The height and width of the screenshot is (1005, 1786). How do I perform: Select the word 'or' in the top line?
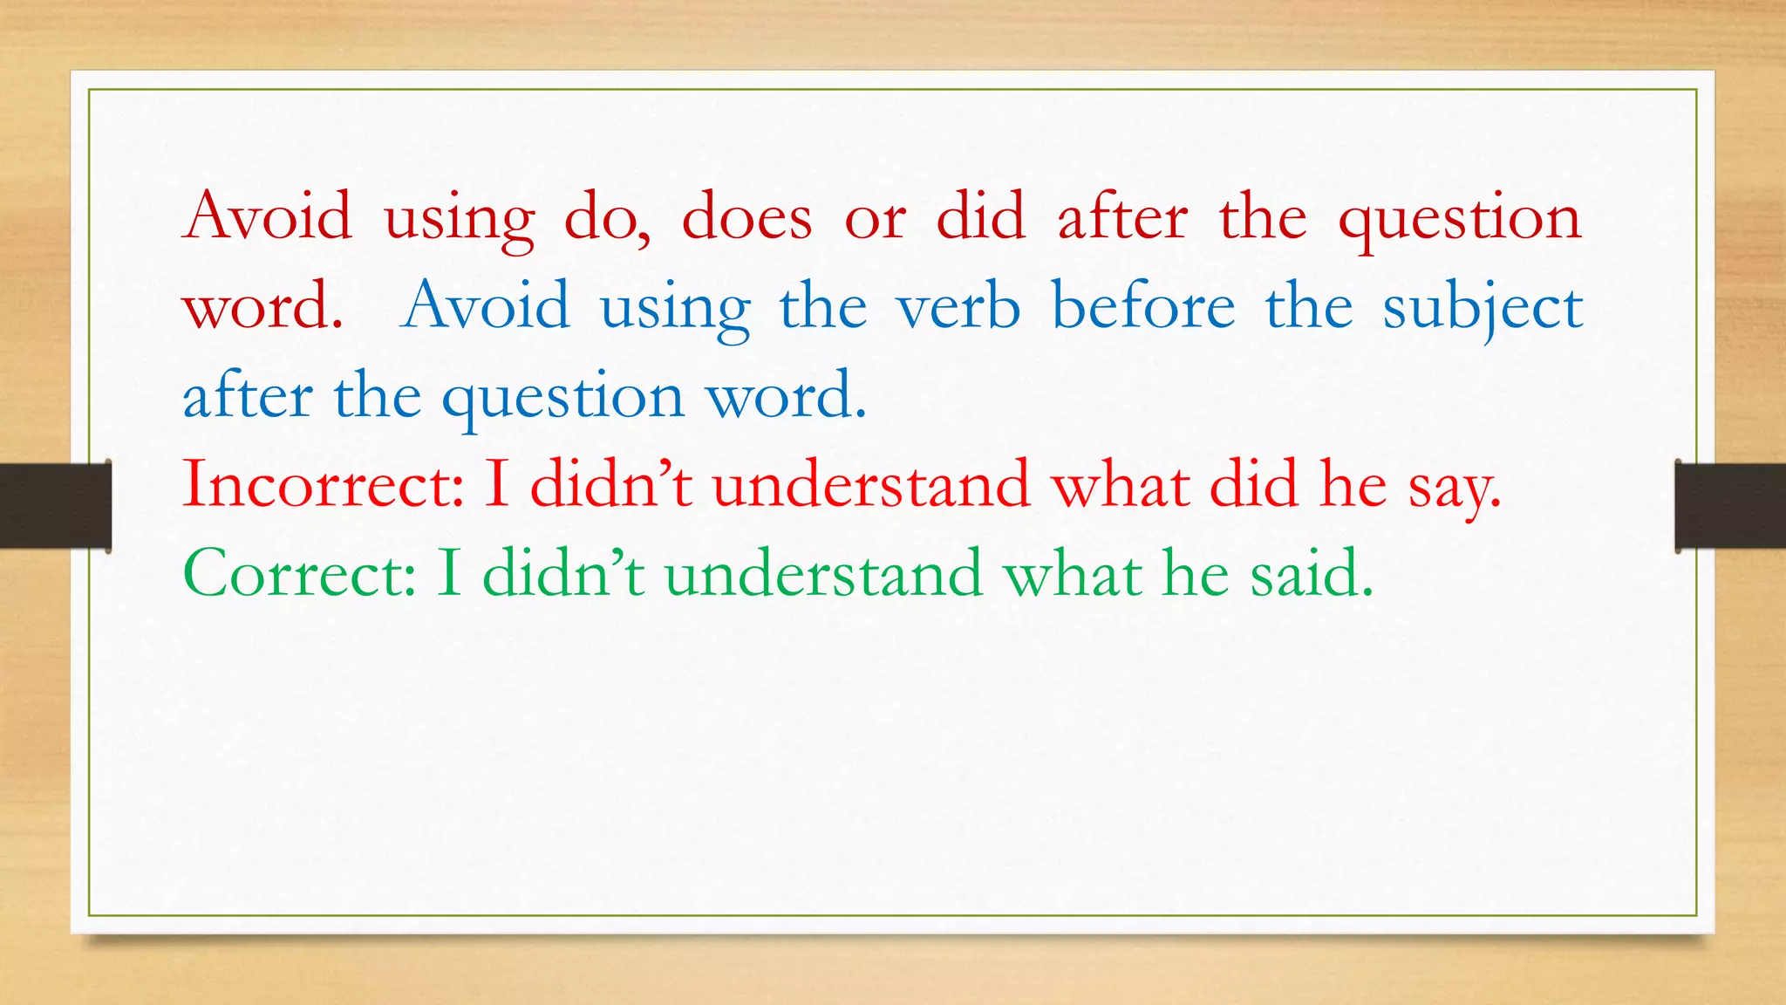[x=875, y=218]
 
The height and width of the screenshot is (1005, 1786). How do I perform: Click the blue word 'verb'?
[x=958, y=306]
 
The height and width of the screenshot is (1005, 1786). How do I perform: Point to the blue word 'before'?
[x=1143, y=306]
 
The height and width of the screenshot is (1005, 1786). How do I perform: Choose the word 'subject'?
[x=1483, y=308]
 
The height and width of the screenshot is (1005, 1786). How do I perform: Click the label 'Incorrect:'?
[x=324, y=484]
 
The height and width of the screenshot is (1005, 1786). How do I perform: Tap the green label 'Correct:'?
[x=300, y=574]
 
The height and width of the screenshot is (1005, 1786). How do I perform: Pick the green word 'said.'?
[x=1312, y=574]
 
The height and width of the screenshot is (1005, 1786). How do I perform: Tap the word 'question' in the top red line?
[x=1459, y=218]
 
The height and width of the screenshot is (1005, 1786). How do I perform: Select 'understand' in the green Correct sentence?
[x=823, y=574]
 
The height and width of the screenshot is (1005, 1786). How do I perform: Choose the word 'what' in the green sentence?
[x=1072, y=574]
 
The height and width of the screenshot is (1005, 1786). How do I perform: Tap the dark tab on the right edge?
[x=1730, y=506]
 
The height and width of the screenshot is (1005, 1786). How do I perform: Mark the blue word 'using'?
[x=675, y=308]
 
